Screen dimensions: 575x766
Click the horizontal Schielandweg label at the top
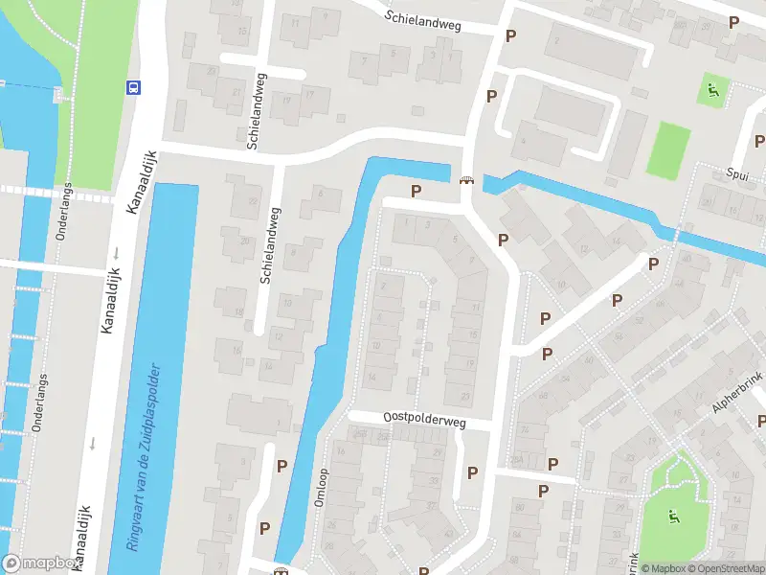423,21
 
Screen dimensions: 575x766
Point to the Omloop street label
321,487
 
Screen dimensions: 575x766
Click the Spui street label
736,174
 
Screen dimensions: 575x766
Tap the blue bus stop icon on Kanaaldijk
132,87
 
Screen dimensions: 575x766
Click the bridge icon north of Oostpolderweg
466,180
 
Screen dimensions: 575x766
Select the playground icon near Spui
712,92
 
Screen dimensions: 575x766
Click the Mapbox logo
38,563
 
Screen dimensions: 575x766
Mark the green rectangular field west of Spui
667,150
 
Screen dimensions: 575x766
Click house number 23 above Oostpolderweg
465,396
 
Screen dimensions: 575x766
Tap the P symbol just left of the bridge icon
416,191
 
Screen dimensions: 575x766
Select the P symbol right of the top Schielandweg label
511,35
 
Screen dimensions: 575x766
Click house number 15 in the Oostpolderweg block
474,334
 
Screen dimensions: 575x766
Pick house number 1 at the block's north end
407,223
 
